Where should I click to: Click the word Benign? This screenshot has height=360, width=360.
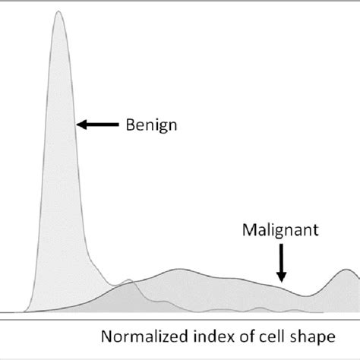[152, 122]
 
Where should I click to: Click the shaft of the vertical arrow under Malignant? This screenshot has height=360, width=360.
[280, 258]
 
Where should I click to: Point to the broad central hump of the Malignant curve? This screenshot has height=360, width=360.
[179, 270]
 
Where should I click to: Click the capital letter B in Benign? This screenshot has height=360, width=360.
[130, 122]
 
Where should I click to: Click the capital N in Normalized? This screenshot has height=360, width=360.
[107, 335]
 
